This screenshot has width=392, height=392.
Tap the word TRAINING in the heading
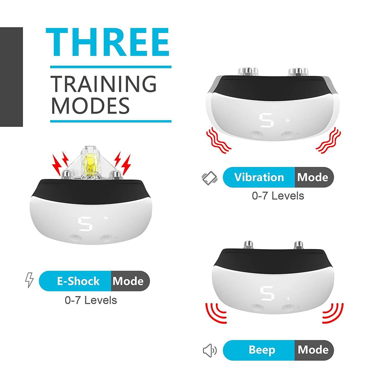[x=103, y=84]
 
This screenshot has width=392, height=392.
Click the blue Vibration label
[x=259, y=177]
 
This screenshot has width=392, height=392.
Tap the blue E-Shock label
[x=78, y=281]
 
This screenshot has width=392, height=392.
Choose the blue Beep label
[x=262, y=350]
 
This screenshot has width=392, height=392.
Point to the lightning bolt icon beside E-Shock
[x=30, y=280]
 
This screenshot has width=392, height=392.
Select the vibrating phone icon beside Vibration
[x=210, y=178]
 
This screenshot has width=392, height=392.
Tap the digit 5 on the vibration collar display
[x=267, y=120]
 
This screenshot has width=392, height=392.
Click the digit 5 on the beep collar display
[x=267, y=293]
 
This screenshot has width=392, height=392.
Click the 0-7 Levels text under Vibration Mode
[x=278, y=196]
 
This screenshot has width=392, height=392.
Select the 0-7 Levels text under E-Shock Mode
[x=91, y=300]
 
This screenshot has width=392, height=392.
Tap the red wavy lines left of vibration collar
[x=218, y=141]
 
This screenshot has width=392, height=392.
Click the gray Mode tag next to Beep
[x=313, y=350]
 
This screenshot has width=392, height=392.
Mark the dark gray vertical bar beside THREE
[x=11, y=77]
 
